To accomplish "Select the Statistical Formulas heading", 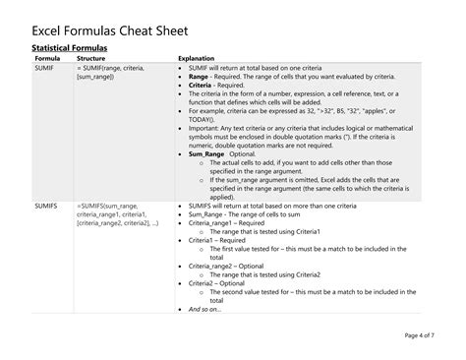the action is click(69, 47).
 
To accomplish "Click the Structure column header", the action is click(91, 58).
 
